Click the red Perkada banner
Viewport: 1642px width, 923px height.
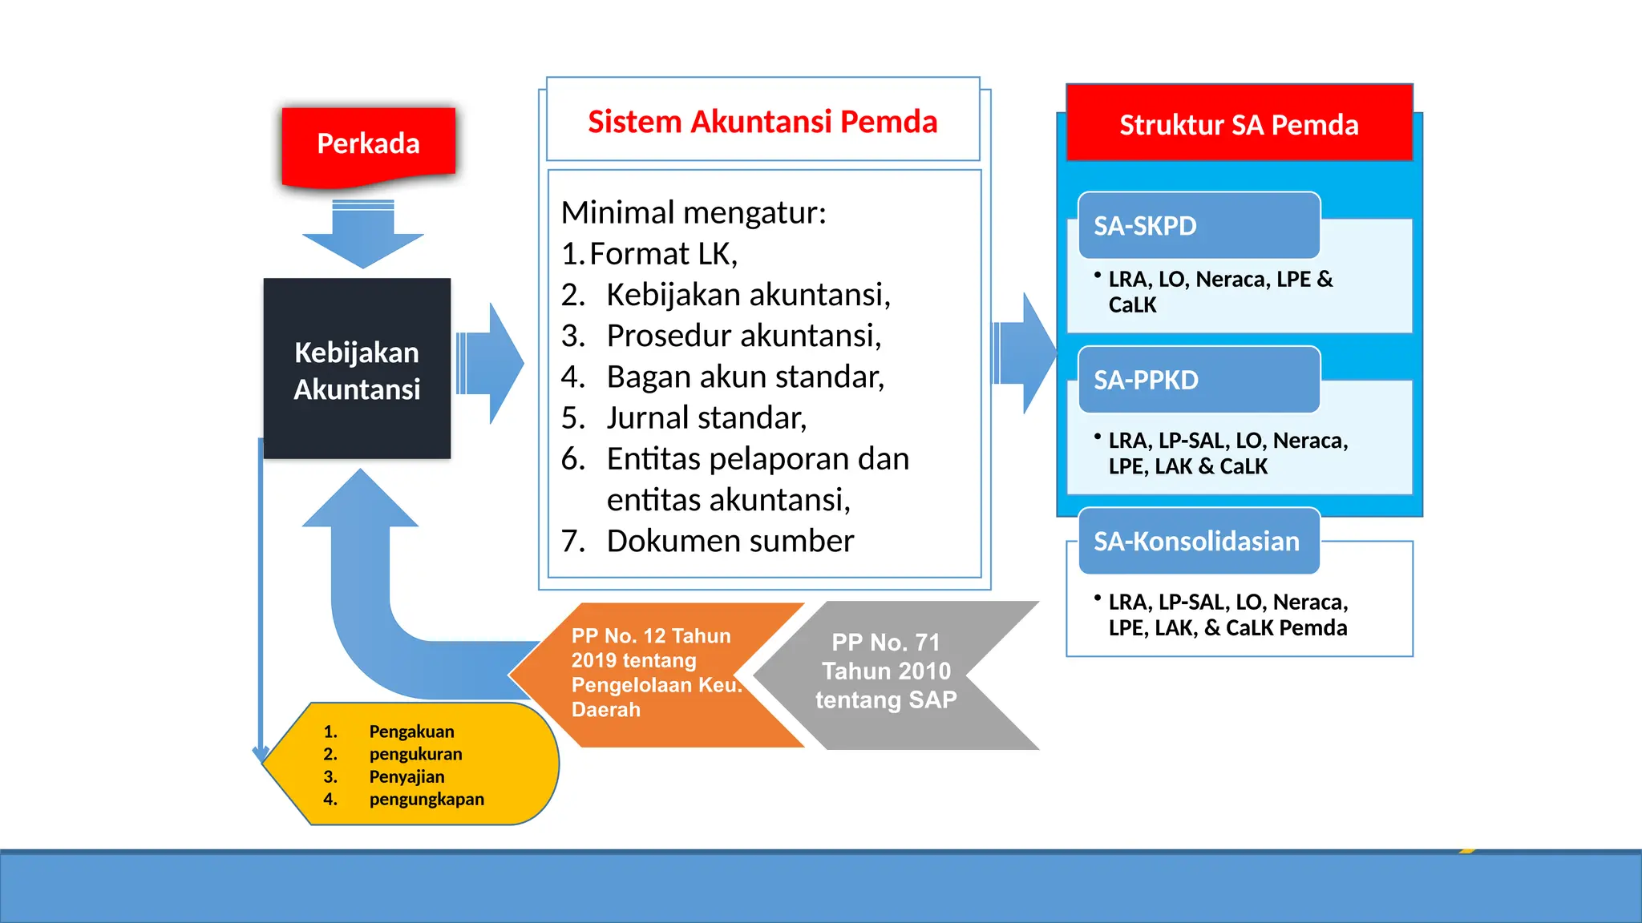coord(368,144)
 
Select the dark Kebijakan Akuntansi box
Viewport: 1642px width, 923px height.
coord(357,369)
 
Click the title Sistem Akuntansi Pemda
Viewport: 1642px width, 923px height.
coord(762,122)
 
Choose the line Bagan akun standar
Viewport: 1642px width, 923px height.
coord(745,377)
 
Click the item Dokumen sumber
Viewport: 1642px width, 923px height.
coord(730,541)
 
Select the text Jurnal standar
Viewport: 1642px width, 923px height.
coord(706,418)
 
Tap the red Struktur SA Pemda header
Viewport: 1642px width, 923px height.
coord(1239,125)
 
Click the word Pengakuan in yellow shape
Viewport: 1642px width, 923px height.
coord(411,732)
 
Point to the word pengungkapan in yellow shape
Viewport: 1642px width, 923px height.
coord(427,799)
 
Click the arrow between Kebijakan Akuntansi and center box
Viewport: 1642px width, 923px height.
coord(491,364)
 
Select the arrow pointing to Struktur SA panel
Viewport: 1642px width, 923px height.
coord(1026,353)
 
